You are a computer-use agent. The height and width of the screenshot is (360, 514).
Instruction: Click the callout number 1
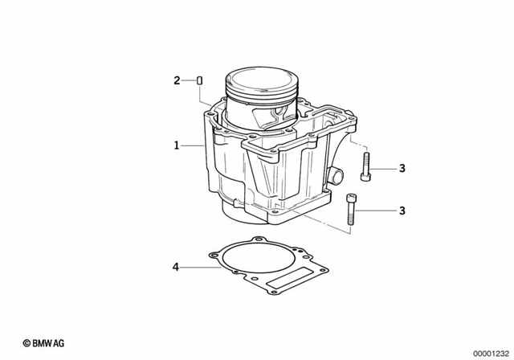pos(175,145)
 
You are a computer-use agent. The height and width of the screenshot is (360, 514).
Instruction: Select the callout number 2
pos(177,80)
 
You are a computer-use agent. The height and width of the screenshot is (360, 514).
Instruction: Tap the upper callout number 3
pos(402,168)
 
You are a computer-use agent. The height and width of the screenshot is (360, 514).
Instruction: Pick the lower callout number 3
pos(402,211)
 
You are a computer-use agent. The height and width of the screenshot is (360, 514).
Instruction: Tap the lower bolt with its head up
pos(350,209)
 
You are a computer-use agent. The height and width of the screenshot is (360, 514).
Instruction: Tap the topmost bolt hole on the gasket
pos(256,239)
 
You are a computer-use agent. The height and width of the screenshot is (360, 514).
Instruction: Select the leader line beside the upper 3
pos(384,168)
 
